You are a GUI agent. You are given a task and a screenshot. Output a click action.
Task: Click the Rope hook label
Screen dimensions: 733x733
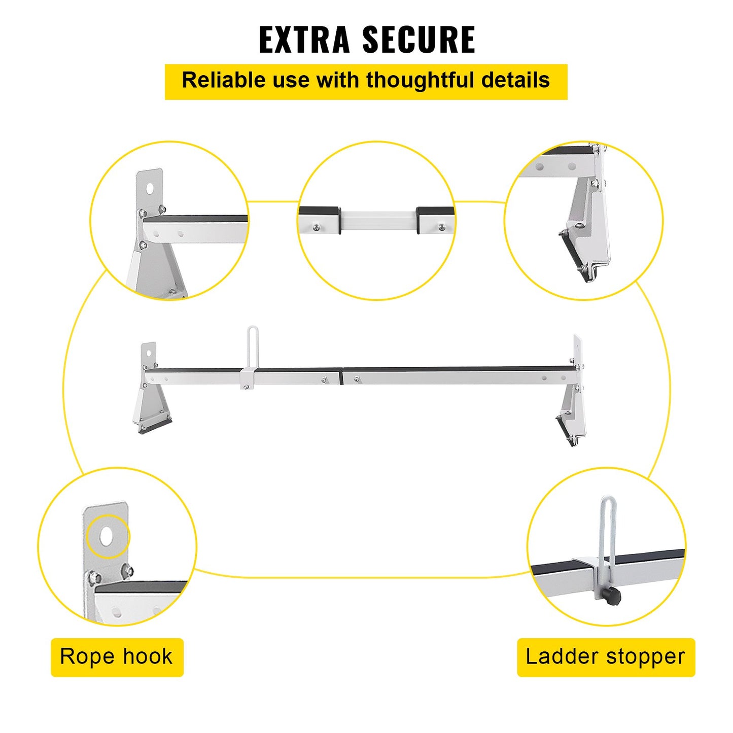(117, 657)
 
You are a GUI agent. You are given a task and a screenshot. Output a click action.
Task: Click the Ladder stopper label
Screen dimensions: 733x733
(606, 657)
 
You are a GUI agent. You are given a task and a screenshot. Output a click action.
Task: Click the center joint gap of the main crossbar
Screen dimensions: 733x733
(342, 377)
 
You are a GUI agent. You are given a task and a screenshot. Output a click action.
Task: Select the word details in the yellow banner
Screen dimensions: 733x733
(515, 80)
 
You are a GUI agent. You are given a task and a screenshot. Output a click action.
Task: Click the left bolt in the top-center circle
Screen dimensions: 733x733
(316, 227)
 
